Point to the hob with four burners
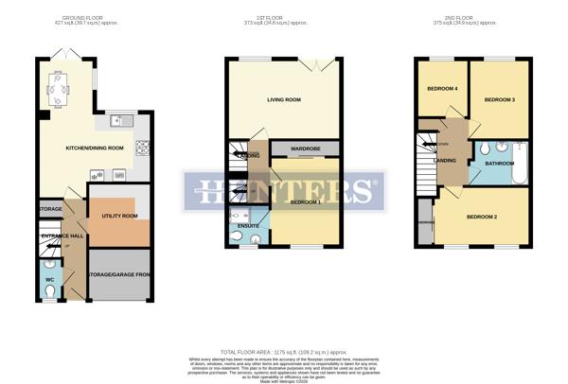click(x=144, y=147)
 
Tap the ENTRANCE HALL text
click(x=61, y=235)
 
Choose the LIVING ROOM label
click(x=283, y=99)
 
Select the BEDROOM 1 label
click(x=307, y=202)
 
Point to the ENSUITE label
click(x=248, y=226)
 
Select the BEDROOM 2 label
click(x=481, y=218)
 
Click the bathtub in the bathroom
click(x=515, y=167)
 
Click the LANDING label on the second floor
click(x=445, y=160)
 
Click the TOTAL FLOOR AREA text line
click(x=283, y=350)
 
